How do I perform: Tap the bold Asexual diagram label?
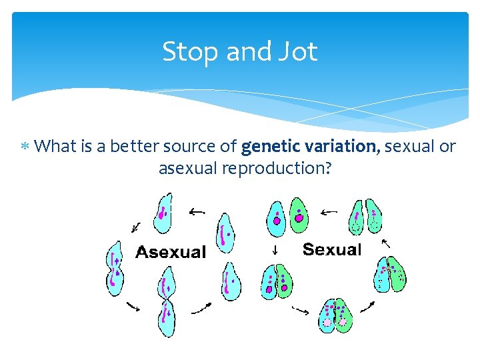(x=171, y=252)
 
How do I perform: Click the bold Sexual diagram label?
(x=331, y=250)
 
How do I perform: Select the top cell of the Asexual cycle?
(x=162, y=214)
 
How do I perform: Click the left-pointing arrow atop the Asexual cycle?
(x=197, y=212)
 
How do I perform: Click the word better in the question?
(x=140, y=146)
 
